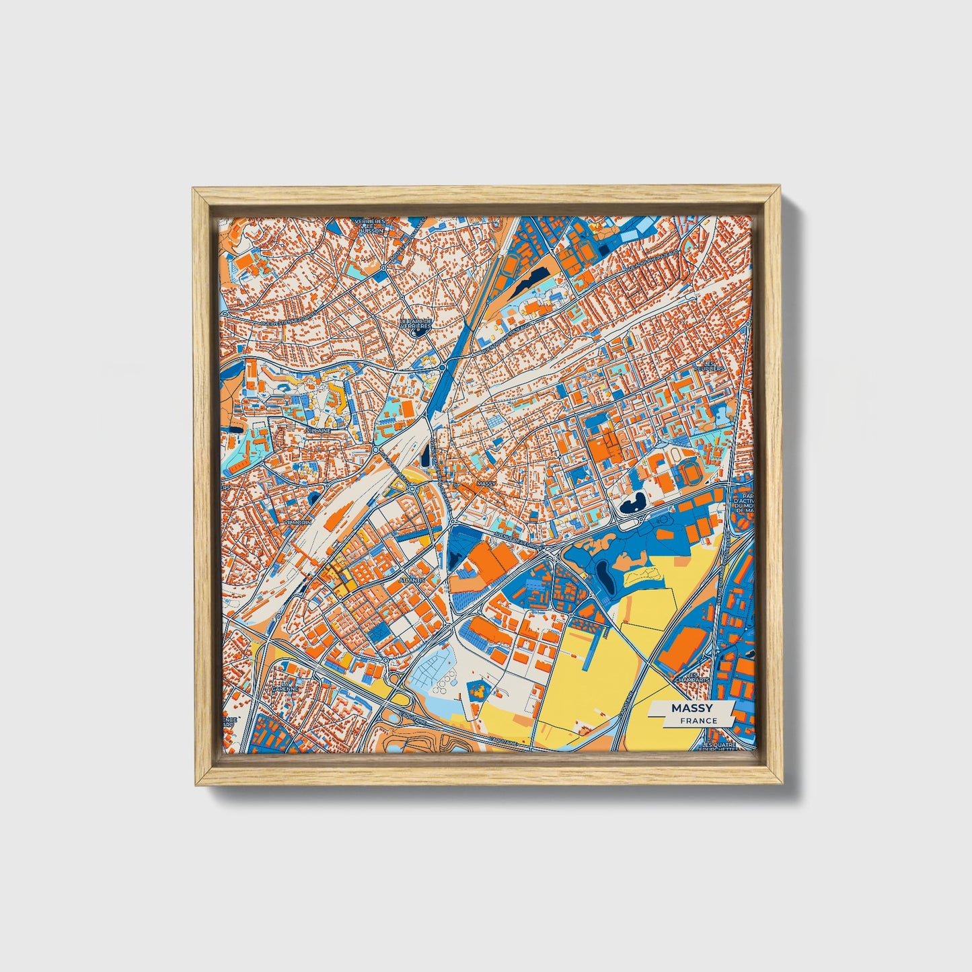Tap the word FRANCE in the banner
tap(698, 720)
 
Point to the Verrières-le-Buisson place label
tap(371, 225)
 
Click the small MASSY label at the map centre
tap(485, 483)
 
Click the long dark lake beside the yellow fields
tap(603, 576)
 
